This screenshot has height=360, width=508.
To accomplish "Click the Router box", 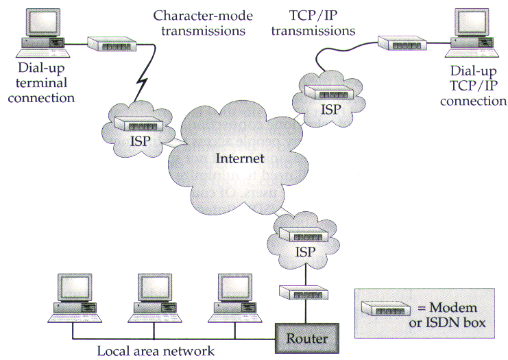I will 306,337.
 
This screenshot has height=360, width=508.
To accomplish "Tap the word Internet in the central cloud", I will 239,158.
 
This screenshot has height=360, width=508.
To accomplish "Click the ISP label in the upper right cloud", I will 331,109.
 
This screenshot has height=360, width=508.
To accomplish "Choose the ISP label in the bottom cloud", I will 306,252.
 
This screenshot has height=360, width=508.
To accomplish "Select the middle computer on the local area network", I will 156,298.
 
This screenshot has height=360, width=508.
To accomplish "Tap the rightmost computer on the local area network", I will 237,298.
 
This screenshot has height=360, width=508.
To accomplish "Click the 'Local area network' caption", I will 155,351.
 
